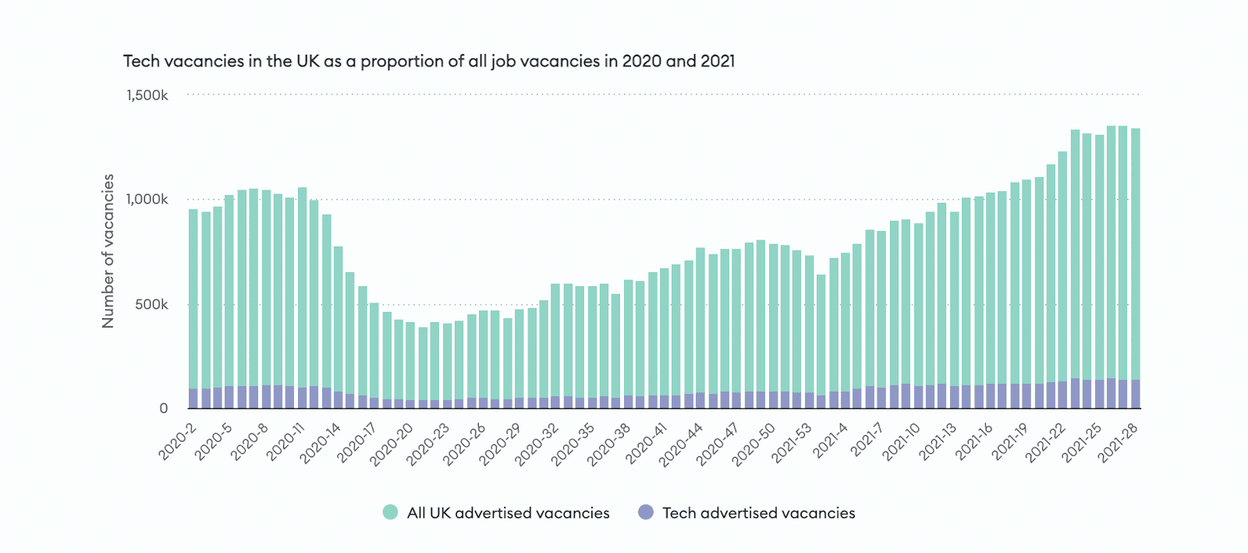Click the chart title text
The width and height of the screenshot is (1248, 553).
point(429,61)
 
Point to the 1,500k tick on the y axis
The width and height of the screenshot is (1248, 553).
point(147,95)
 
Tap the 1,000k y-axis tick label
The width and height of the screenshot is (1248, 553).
point(147,200)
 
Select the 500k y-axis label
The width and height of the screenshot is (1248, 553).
point(151,304)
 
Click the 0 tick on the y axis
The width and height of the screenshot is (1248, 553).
point(164,408)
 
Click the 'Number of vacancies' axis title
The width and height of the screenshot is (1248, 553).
point(108,250)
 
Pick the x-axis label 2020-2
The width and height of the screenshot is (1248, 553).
point(178,441)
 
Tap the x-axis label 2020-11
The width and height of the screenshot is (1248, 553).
point(285,442)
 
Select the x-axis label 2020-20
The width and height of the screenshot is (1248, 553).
point(392,444)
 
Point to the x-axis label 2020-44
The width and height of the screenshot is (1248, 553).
point(681,444)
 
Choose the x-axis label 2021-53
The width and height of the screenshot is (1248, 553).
point(792,442)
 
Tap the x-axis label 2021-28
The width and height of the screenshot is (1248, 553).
point(1119,442)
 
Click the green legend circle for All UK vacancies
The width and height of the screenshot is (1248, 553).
point(391,512)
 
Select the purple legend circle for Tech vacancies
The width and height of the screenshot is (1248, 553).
point(646,512)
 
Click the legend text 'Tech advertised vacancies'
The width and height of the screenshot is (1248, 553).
point(758,513)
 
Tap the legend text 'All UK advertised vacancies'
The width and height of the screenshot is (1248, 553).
point(508,513)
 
